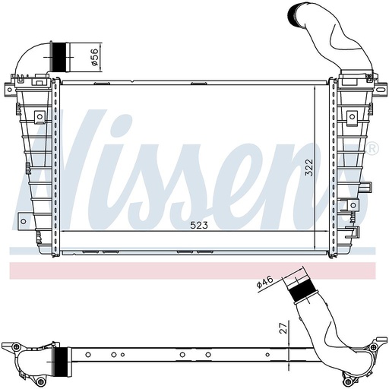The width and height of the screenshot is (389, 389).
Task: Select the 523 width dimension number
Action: (198, 224)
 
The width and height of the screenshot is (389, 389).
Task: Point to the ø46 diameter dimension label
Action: (264, 283)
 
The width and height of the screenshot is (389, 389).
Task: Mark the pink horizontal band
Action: (194, 270)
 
